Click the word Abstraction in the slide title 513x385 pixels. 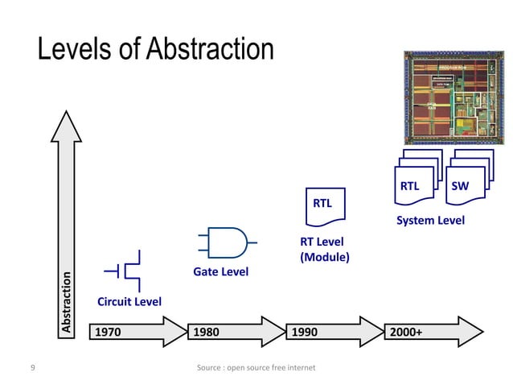coord(210,49)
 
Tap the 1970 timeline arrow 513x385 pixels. coord(137,331)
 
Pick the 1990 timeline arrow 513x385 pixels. coord(334,331)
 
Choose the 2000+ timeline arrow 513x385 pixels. coord(434,331)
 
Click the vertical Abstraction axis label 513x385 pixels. coord(68,303)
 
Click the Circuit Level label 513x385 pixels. coord(129,302)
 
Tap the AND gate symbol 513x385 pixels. coord(227,241)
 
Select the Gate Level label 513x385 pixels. coord(221,272)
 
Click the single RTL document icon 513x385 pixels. coord(324,203)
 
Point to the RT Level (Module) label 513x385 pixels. coord(324,250)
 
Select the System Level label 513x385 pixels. coord(430,220)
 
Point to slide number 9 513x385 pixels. coord(31,368)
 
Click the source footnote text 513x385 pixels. coord(256,368)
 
